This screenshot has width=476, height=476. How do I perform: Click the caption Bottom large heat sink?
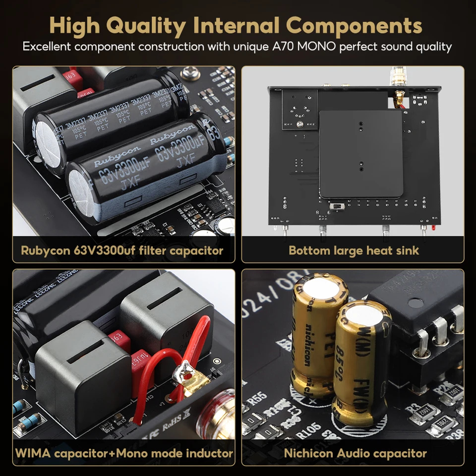point(354,250)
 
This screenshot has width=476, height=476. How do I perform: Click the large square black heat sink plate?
point(360,154)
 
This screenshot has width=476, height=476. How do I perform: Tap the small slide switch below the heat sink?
point(337,205)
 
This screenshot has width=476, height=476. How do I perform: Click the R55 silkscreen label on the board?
point(257,396)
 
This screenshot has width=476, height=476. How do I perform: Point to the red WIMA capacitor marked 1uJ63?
point(141,364)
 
